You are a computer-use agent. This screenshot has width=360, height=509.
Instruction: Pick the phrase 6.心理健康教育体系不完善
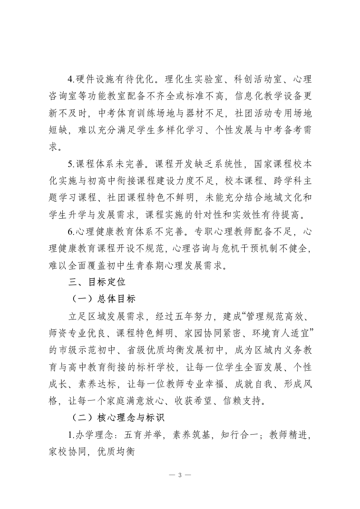(125, 231)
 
